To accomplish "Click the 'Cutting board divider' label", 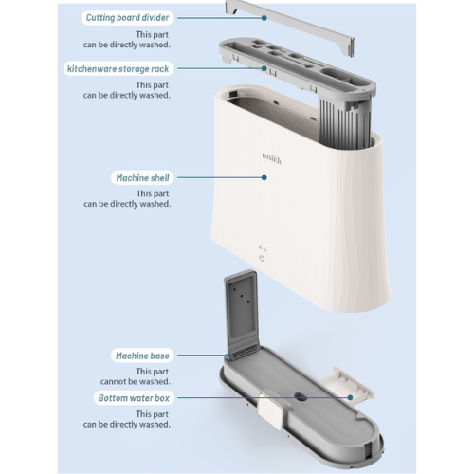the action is [x=127, y=18].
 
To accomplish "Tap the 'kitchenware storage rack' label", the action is [x=118, y=69].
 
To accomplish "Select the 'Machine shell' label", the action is [x=142, y=178].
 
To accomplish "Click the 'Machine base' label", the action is [x=142, y=355].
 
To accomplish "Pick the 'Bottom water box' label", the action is [x=134, y=398].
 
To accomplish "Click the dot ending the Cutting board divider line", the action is [x=264, y=18].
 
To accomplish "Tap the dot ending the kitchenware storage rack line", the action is [x=264, y=68].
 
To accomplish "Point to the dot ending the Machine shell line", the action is [x=264, y=177].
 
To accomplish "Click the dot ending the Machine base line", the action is [x=230, y=355].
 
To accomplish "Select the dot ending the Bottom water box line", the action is [x=350, y=397].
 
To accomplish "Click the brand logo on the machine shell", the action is [x=271, y=157].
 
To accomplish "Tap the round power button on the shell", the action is [x=262, y=259].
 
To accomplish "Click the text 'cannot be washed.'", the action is [x=136, y=382].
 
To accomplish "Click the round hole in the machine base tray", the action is [x=301, y=397].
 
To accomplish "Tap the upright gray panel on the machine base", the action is [x=242, y=310].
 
